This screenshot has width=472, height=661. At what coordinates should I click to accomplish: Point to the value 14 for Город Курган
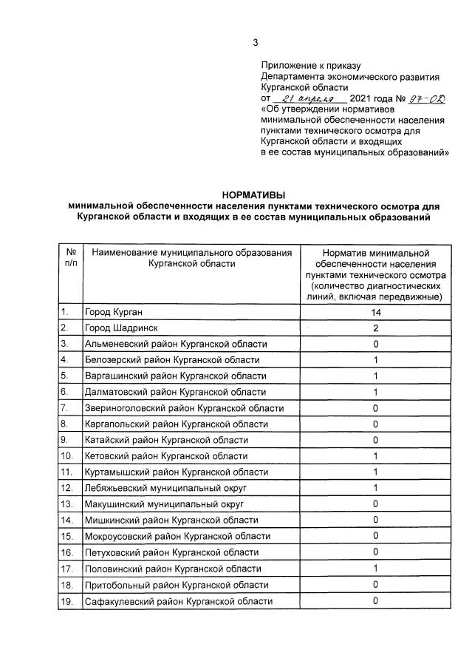[375, 312]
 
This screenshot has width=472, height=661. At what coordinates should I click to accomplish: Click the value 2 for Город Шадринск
[375, 328]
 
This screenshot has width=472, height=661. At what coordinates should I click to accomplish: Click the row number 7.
[65, 408]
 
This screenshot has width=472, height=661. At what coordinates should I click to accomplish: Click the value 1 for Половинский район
[375, 569]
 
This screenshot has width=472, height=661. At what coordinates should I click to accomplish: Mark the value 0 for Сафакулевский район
[375, 600]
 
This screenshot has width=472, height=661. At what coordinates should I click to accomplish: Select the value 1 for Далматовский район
[375, 392]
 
